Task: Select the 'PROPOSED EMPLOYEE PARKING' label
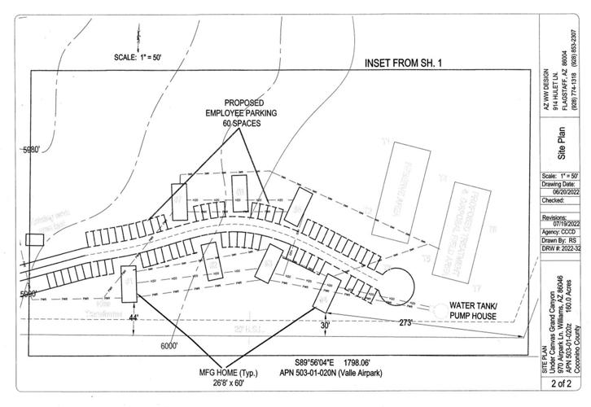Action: [x=240, y=108]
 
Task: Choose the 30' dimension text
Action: [x=324, y=326]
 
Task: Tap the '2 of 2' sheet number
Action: [x=560, y=382]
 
